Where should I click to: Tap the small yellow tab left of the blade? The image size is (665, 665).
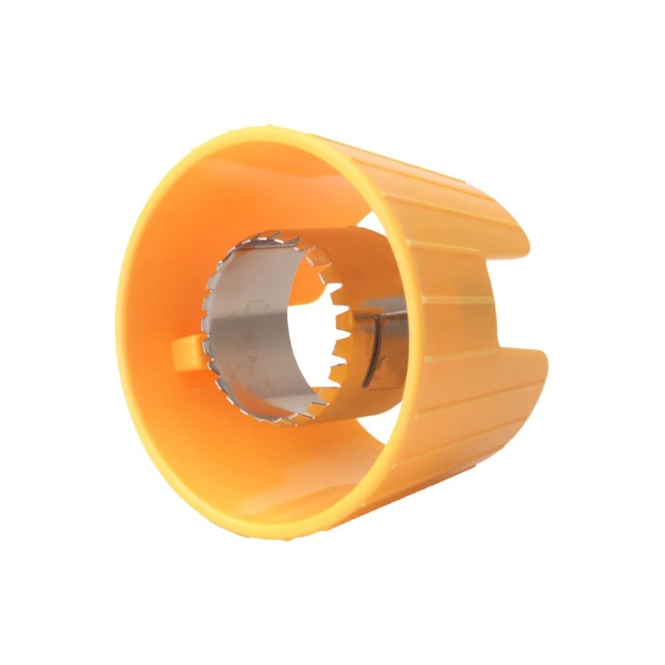(x=188, y=352)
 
